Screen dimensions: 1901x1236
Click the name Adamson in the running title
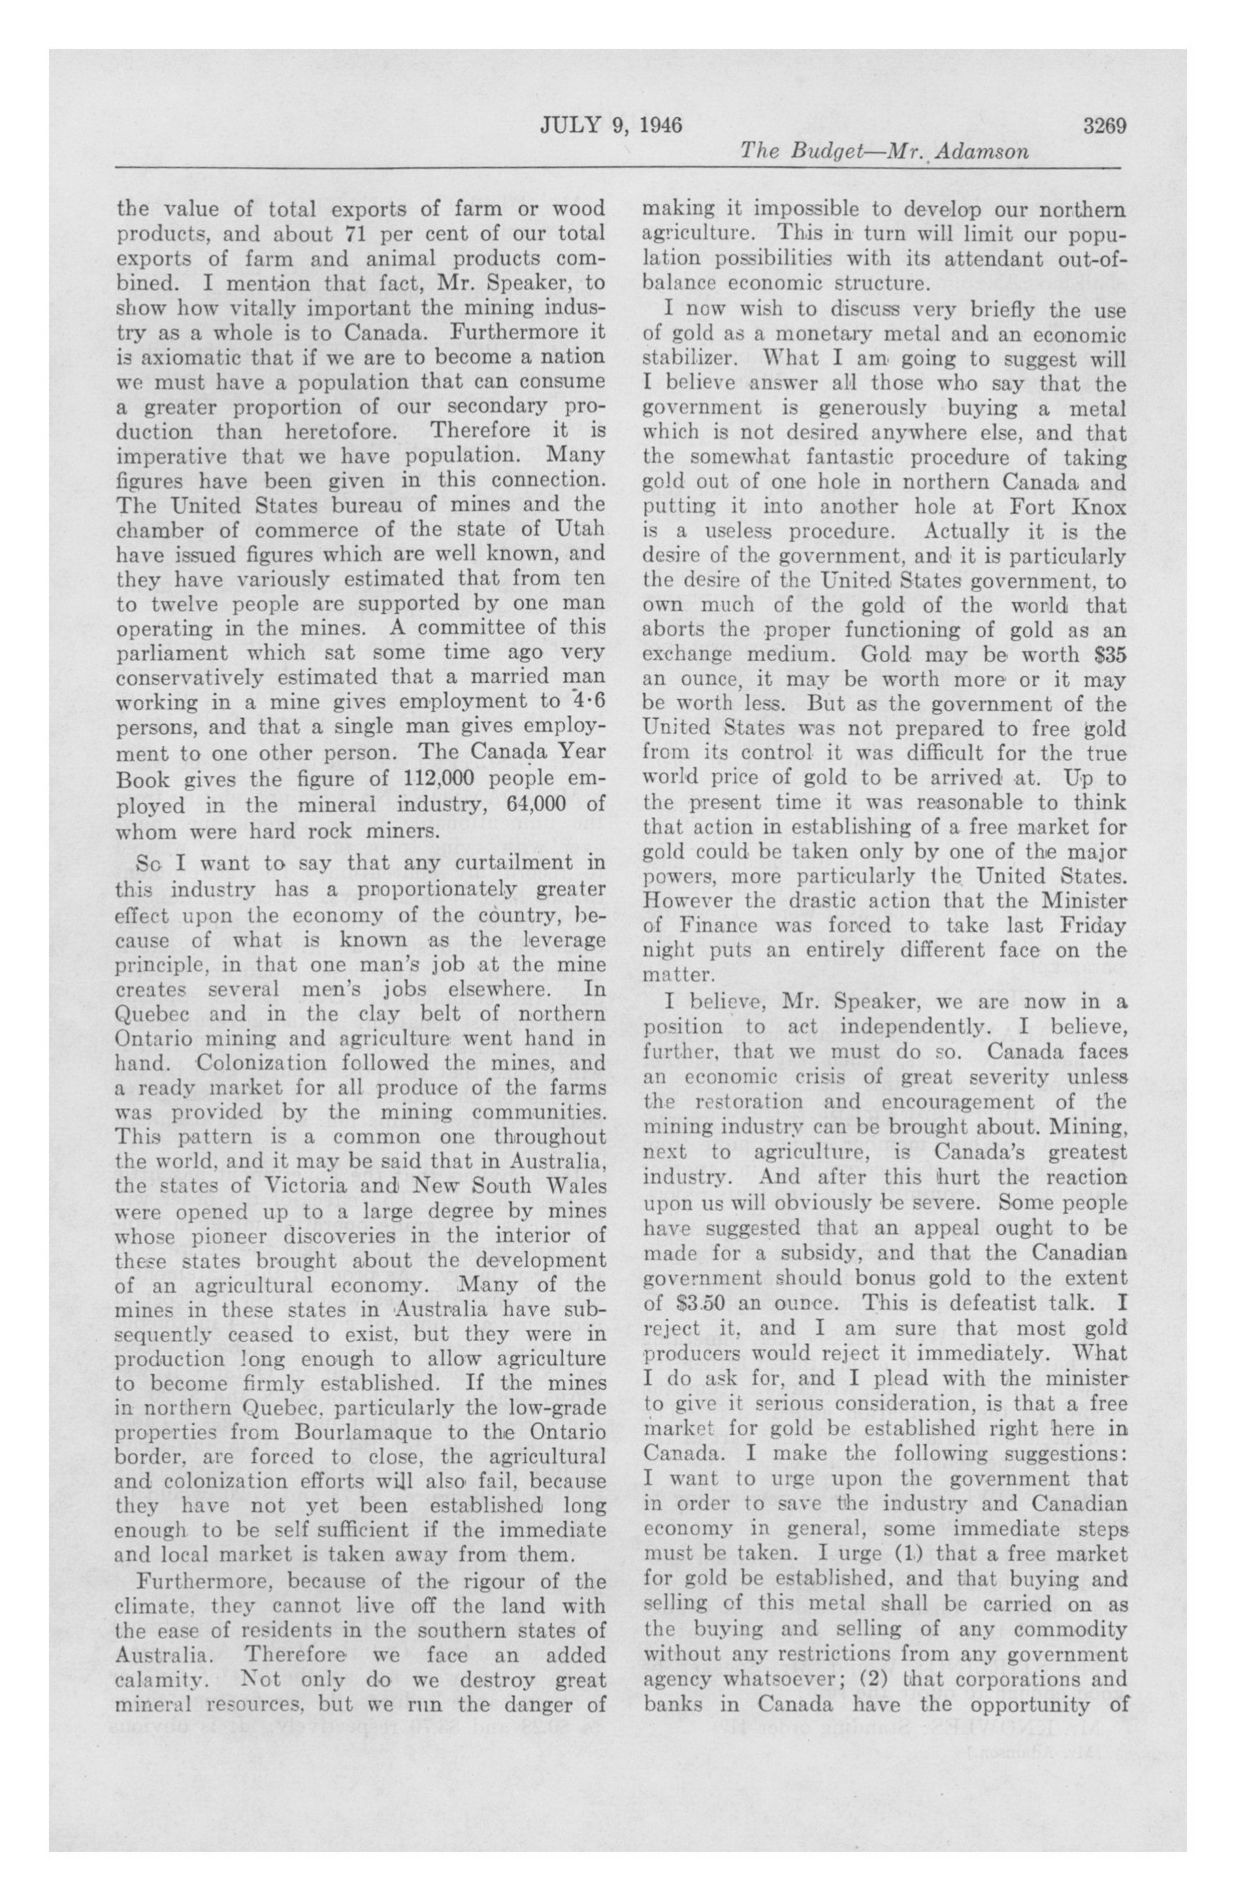[x=985, y=151]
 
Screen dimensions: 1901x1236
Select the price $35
[x=1105, y=655]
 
